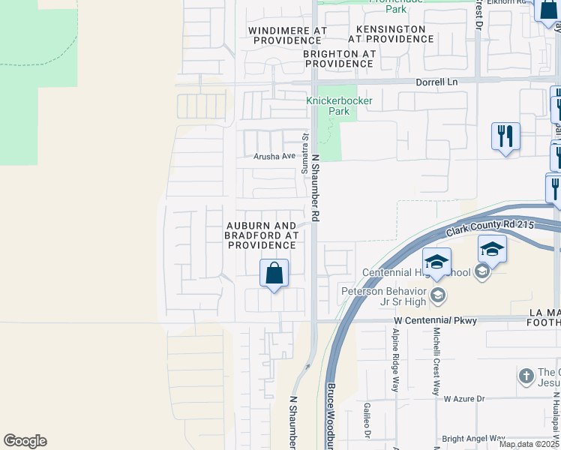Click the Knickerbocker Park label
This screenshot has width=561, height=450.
[x=328, y=106]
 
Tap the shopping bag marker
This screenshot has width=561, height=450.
[x=274, y=273]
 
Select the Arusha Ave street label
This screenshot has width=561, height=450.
[x=274, y=156]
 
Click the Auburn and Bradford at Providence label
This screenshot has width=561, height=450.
[x=262, y=235]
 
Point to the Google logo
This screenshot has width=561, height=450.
[x=25, y=441]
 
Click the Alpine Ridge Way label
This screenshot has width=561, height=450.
[x=394, y=360]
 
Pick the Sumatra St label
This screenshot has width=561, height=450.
[x=304, y=154]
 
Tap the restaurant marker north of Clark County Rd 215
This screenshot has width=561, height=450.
[x=505, y=136]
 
